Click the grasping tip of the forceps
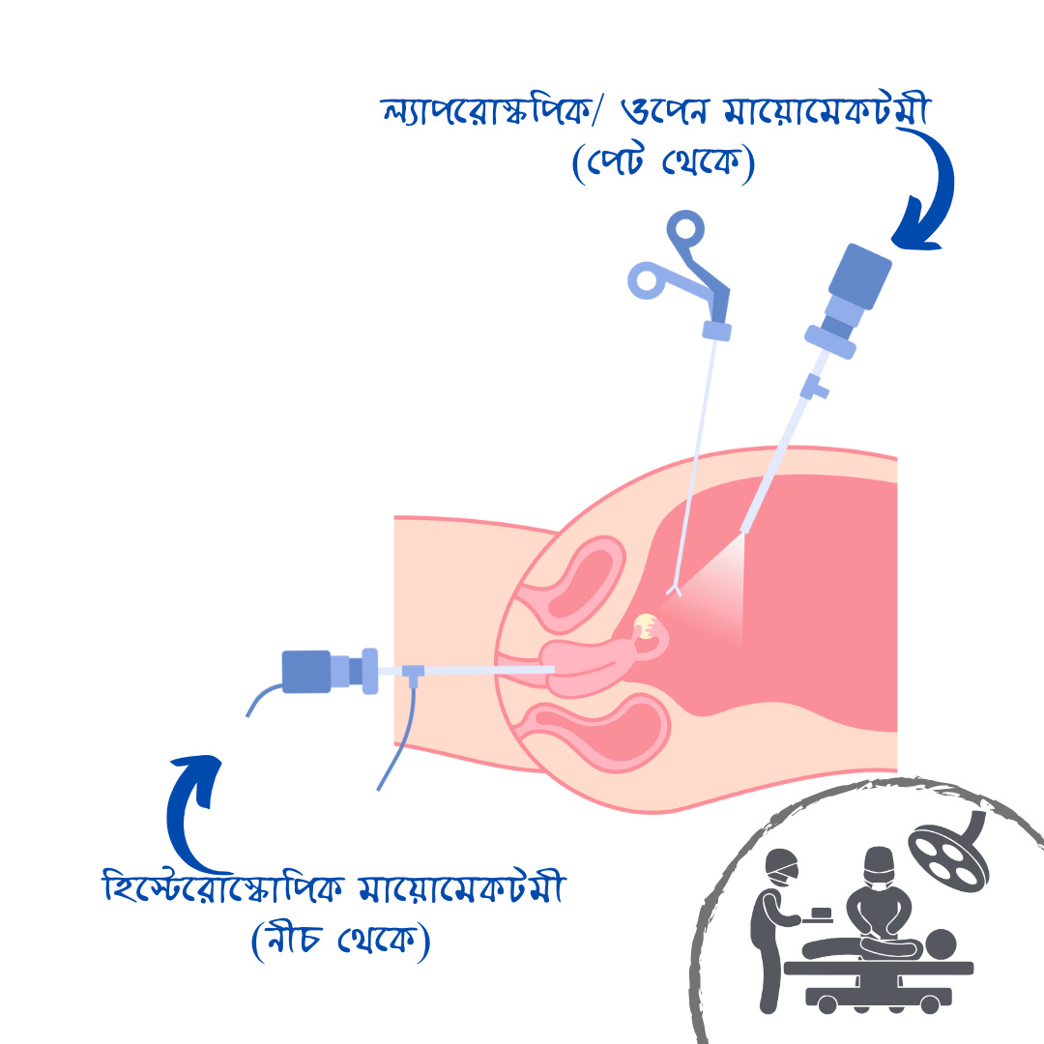coord(674,587)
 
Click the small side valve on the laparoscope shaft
coord(817,391)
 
